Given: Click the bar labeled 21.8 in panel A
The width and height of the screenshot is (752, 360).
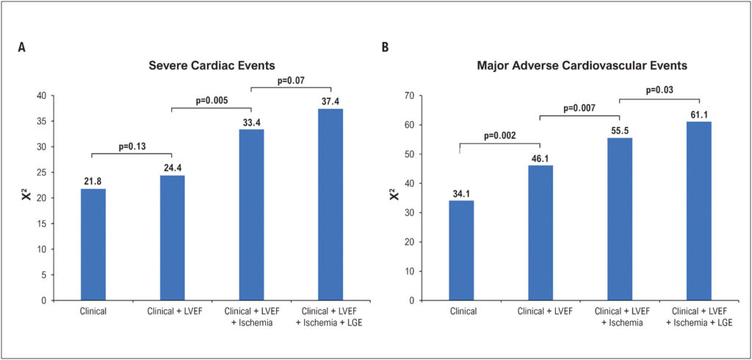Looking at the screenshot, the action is (93, 245).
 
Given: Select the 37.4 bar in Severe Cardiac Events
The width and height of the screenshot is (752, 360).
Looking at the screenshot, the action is (331, 204).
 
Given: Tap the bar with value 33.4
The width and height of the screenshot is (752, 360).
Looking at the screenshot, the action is (251, 215).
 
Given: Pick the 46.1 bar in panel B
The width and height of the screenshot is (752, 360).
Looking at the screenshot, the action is (540, 233).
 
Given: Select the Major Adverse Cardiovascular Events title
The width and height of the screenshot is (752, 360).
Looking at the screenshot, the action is (582, 66).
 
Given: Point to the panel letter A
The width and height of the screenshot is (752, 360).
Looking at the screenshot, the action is (21, 48).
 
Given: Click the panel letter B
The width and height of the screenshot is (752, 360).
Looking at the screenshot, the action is (385, 48).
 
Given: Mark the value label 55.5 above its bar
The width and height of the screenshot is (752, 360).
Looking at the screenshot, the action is (620, 131).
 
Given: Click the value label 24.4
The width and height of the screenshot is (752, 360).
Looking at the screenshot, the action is (173, 168).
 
